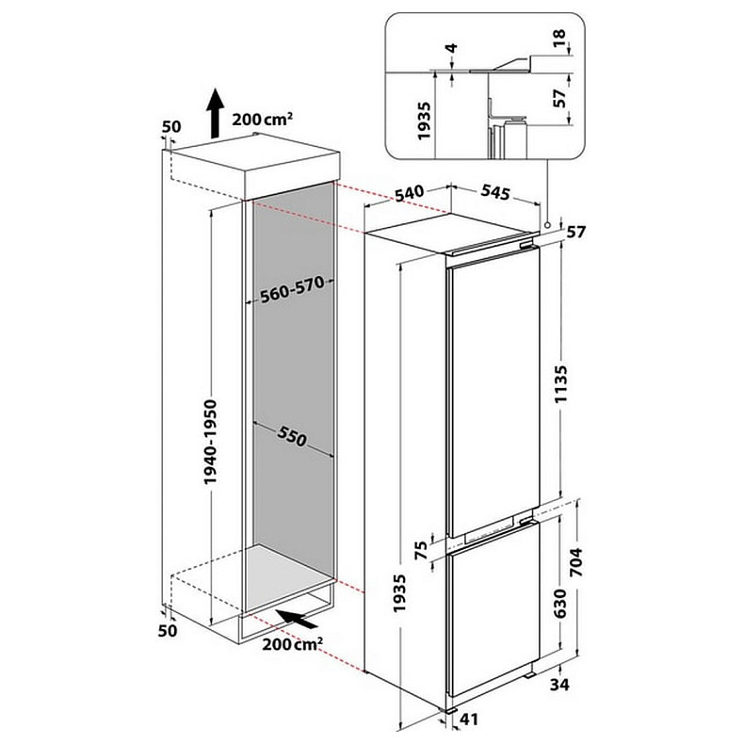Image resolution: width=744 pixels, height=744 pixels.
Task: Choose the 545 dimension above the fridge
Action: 493,193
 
